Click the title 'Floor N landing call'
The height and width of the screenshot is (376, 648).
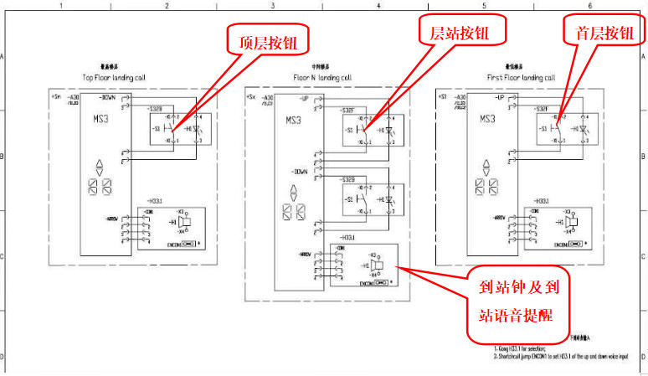coord(322,77)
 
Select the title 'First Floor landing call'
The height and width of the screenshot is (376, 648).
coord(521,77)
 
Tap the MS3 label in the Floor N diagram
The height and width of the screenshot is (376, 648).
coord(293,120)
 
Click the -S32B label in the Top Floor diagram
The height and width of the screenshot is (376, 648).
coord(155,110)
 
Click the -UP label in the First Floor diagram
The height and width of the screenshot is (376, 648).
coord(499,98)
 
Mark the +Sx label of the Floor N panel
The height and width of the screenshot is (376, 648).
coord(250,97)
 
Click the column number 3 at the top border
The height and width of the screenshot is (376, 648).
coord(273,6)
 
